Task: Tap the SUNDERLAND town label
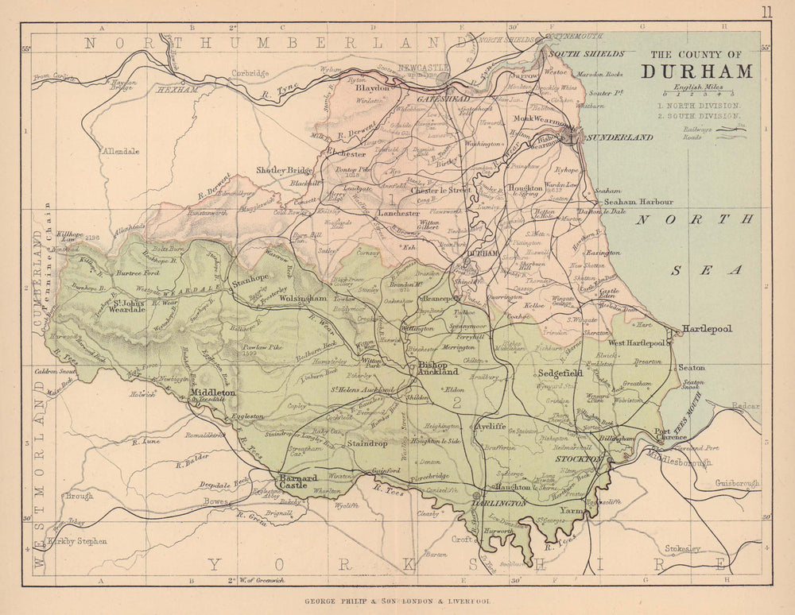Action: point(619,137)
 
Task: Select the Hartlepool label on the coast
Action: point(707,328)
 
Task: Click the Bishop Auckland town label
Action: point(438,367)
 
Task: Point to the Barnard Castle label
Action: point(298,482)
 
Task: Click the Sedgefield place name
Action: point(561,372)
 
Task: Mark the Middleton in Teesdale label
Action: point(213,395)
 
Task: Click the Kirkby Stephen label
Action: point(78,541)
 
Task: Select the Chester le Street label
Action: point(440,191)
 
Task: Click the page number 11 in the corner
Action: point(766,11)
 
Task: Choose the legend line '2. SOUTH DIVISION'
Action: point(699,116)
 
